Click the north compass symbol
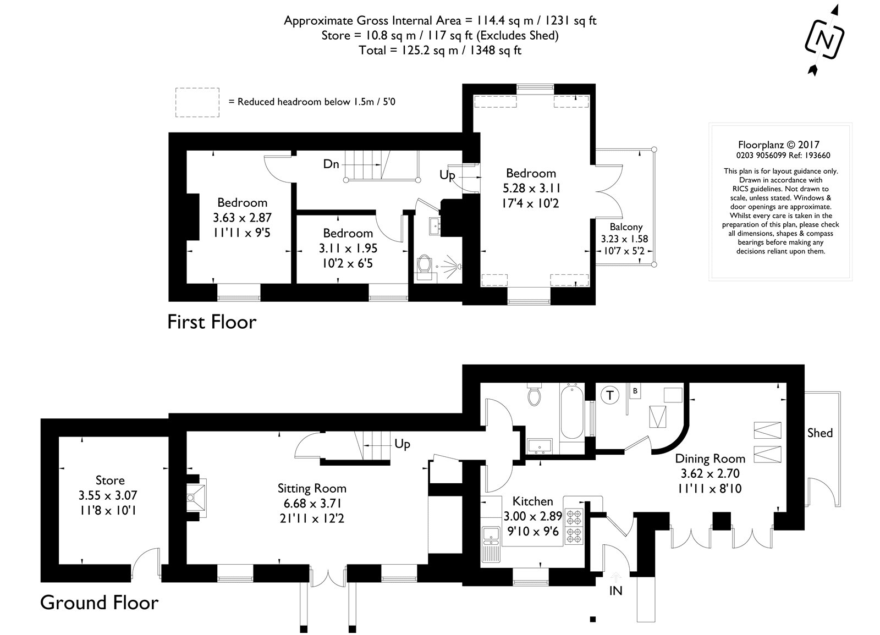pyautogui.click(x=823, y=40)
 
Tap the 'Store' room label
pyautogui.click(x=110, y=481)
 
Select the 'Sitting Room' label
pyautogui.click(x=312, y=488)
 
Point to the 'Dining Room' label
pyautogui.click(x=710, y=459)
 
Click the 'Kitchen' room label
pyautogui.click(x=532, y=501)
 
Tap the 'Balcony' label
pyautogui.click(x=626, y=227)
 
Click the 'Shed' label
pyautogui.click(x=820, y=433)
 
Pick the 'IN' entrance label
pyautogui.click(x=616, y=591)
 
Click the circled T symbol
pyautogui.click(x=609, y=394)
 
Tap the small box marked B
pyautogui.click(x=635, y=391)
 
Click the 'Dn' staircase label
pyautogui.click(x=331, y=164)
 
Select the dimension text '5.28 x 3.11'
pyautogui.click(x=531, y=188)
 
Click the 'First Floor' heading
pyautogui.click(x=212, y=322)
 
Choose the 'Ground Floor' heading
pyautogui.click(x=100, y=603)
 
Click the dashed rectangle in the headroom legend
pyautogui.click(x=197, y=102)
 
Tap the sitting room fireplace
pyautogui.click(x=196, y=498)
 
